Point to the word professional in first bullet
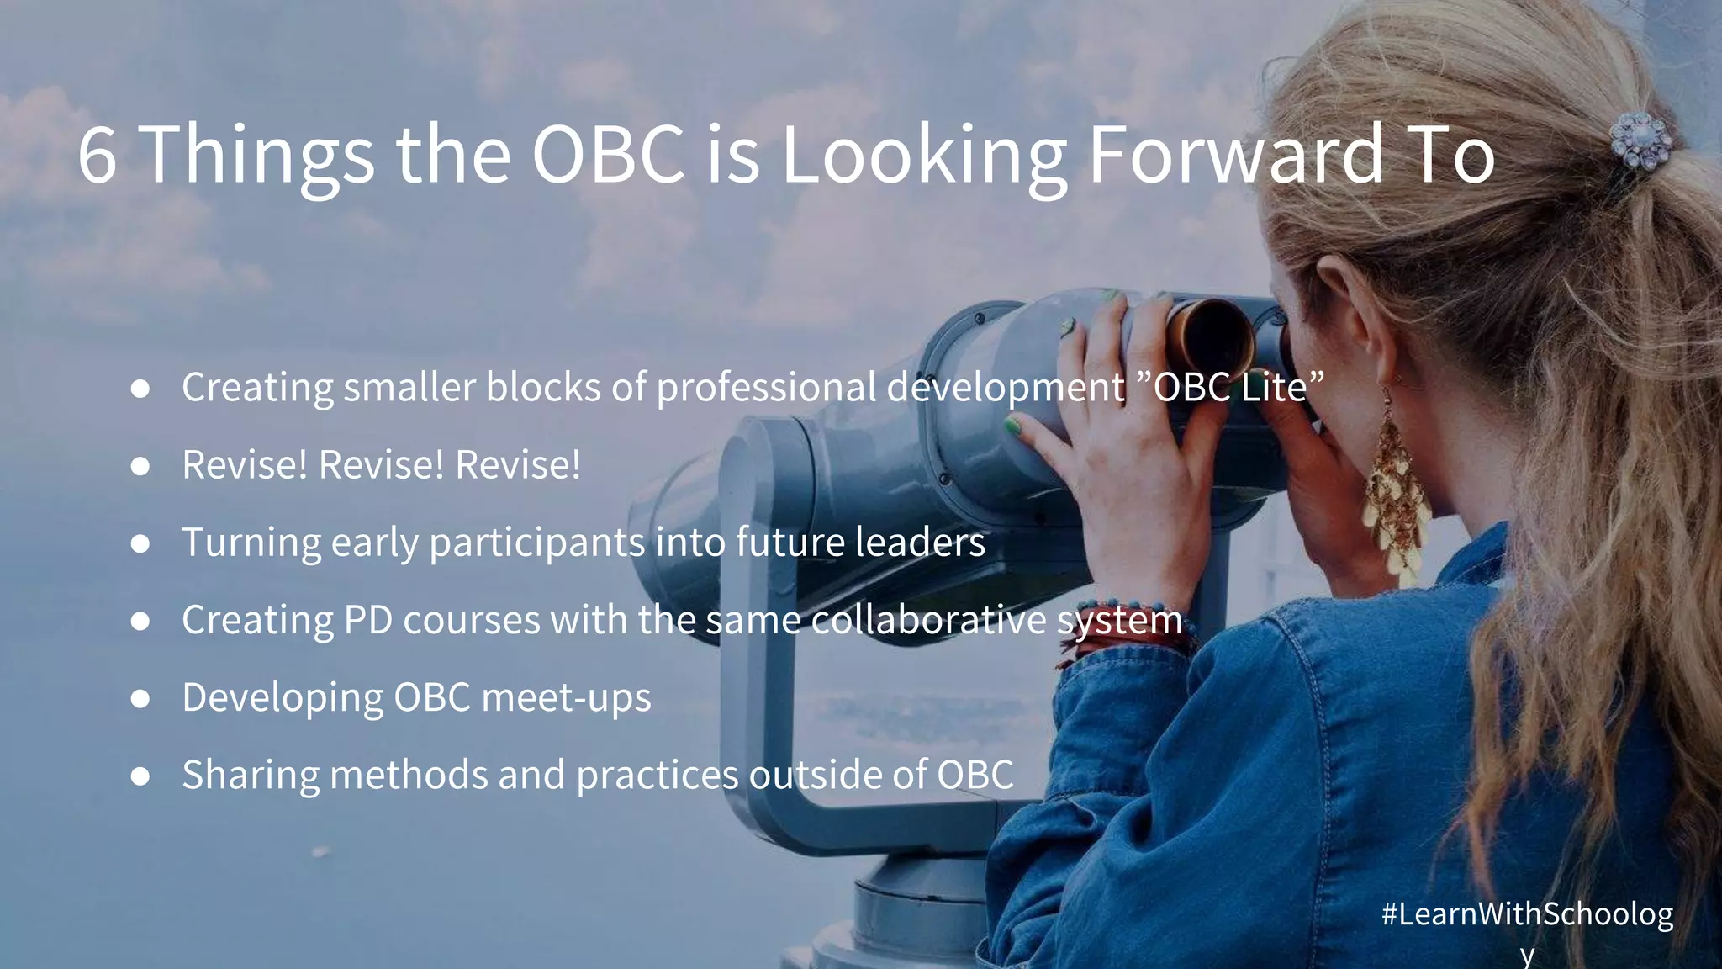click(766, 388)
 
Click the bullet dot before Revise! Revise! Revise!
click(140, 466)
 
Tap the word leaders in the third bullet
click(920, 543)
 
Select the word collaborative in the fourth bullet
click(928, 621)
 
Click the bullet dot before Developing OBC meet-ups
click(140, 698)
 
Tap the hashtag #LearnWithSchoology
click(1527, 915)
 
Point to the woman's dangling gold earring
click(1396, 496)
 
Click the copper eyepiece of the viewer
click(1211, 336)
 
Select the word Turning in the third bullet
click(251, 543)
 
